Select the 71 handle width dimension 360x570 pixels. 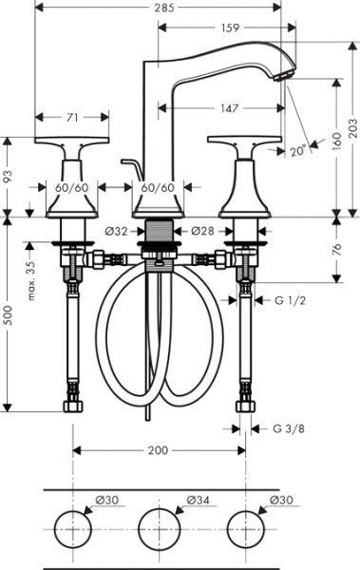point(71,118)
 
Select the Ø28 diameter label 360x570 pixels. point(201,230)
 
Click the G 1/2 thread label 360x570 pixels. point(292,301)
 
